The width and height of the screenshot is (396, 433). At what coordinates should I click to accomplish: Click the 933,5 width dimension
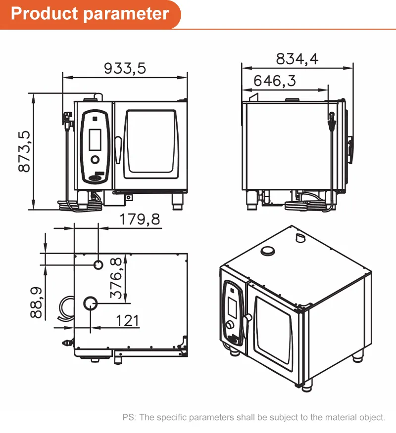pyautogui.click(x=125, y=68)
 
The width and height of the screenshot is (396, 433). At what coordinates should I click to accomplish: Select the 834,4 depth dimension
pyautogui.click(x=297, y=58)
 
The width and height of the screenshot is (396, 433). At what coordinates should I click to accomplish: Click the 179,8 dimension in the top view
pyautogui.click(x=140, y=219)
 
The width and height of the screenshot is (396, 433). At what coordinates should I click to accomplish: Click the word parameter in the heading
pyautogui.click(x=126, y=13)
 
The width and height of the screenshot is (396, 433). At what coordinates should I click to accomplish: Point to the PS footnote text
pyautogui.click(x=253, y=417)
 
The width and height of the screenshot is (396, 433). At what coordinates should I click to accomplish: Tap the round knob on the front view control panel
pyautogui.click(x=95, y=160)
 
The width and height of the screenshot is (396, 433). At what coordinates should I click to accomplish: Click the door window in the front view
pyautogui.click(x=150, y=144)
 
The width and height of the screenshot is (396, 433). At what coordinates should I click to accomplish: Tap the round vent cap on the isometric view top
pyautogui.click(x=268, y=251)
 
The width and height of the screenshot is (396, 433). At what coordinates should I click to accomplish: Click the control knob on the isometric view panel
pyautogui.click(x=230, y=325)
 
